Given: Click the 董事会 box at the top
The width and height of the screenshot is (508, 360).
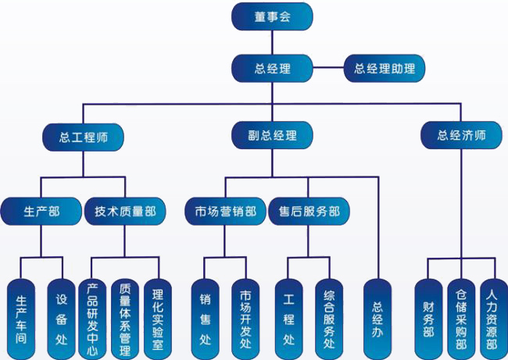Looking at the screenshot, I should [x=272, y=16].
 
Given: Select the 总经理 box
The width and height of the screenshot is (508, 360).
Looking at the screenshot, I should [x=272, y=68].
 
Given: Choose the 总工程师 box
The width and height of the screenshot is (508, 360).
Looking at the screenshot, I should [x=84, y=135].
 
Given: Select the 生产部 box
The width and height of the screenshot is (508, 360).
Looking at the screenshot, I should [x=41, y=210].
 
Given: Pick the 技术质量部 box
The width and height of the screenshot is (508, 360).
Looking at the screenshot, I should [x=125, y=210].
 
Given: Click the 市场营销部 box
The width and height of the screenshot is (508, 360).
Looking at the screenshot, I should [x=225, y=210].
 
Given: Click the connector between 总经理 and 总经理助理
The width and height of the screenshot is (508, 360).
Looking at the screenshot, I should [x=327, y=68].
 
